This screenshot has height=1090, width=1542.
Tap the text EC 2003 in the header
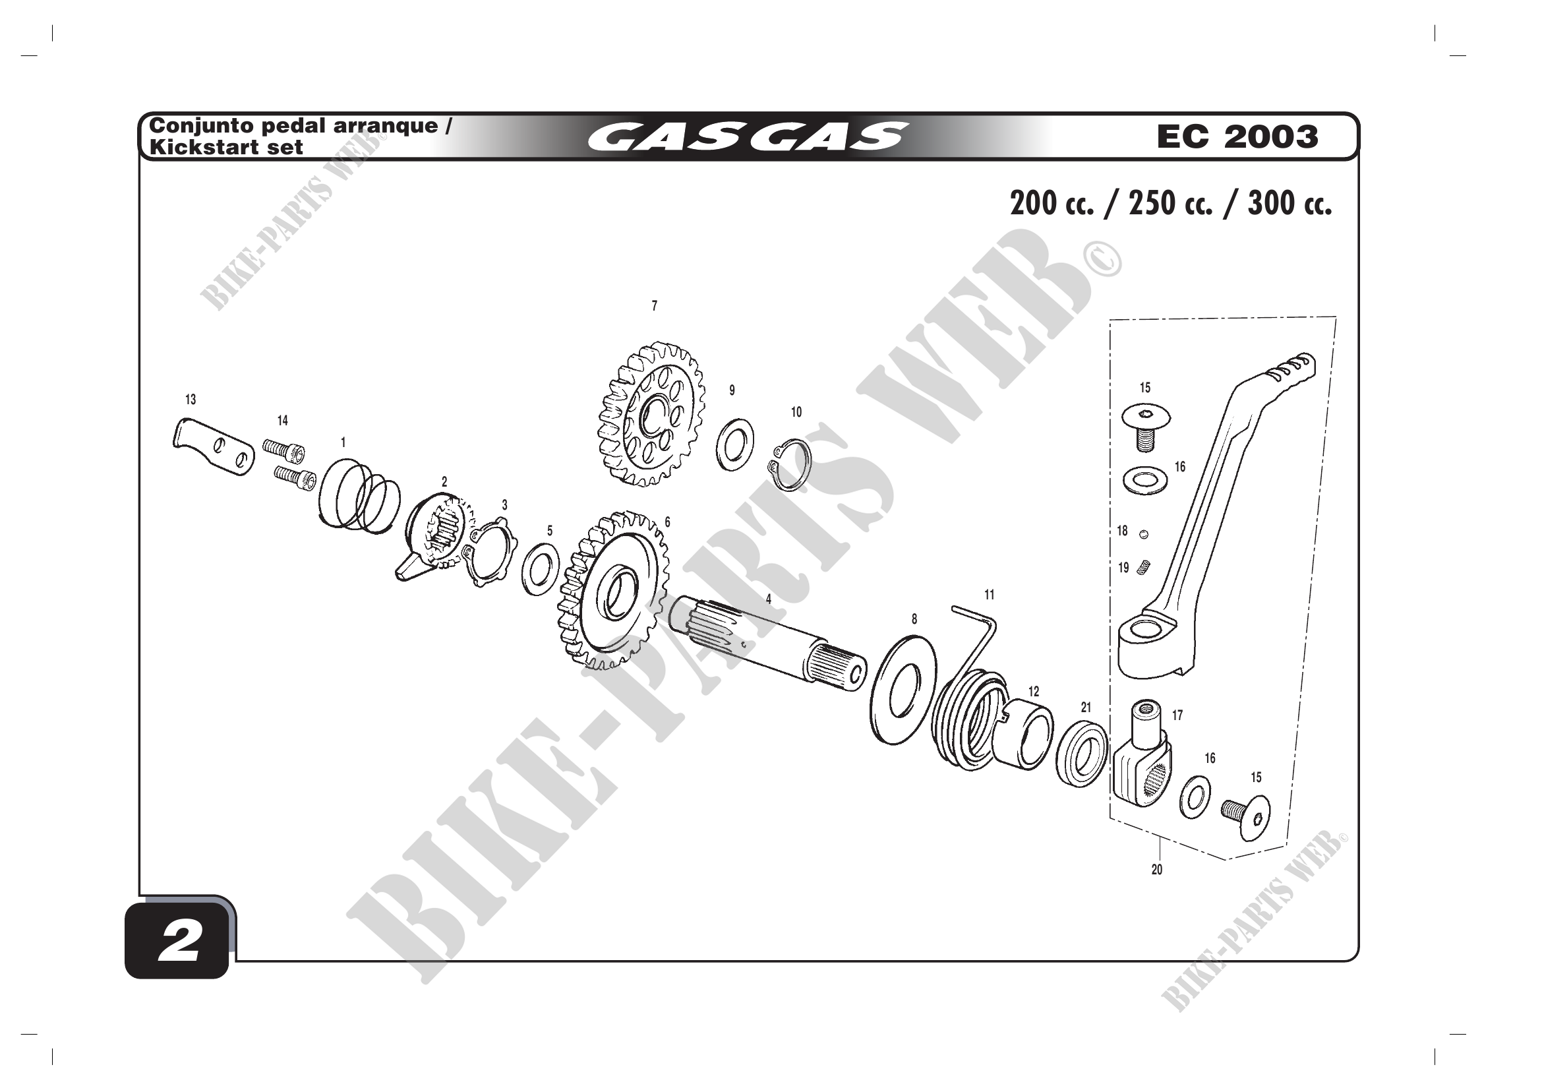coord(1237,136)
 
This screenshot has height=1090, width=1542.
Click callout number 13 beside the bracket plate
coord(191,400)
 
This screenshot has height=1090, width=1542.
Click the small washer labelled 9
coord(734,444)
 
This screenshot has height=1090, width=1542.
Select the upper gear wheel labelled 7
coord(651,413)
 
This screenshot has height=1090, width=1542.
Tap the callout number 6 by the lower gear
coord(667,522)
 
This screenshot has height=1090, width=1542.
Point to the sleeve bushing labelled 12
coord(1023,732)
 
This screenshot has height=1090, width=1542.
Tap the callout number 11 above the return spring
coord(990,594)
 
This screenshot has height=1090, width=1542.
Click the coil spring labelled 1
coord(359,496)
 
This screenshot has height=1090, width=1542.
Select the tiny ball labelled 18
coord(1144,535)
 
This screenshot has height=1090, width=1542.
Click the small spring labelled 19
coord(1144,568)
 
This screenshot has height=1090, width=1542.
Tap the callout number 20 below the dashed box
coord(1156,870)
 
